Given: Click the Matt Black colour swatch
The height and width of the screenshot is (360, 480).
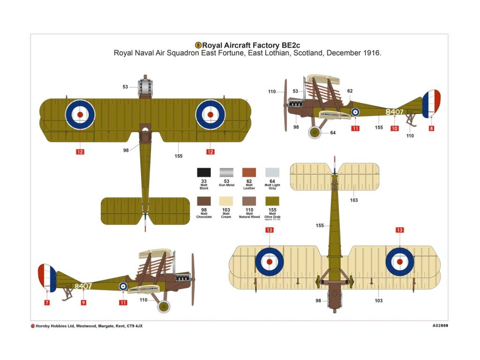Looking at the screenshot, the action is [x=203, y=172].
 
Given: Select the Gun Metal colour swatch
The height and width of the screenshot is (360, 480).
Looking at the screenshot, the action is [x=226, y=172].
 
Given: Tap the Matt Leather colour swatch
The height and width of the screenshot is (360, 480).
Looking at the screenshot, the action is [x=249, y=172].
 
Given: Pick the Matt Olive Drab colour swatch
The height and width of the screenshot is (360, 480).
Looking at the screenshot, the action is [x=272, y=201].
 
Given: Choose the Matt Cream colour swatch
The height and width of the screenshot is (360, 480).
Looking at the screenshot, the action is [x=226, y=201].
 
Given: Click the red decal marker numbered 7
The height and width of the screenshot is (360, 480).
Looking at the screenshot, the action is [x=47, y=302].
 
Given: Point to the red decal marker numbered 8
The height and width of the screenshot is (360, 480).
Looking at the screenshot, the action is [x=431, y=128].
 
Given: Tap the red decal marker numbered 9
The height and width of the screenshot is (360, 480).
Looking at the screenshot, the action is [x=83, y=302].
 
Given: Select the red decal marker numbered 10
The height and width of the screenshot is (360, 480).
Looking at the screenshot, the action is [x=395, y=128].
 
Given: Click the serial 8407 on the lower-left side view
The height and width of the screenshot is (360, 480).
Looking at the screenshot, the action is [x=83, y=286].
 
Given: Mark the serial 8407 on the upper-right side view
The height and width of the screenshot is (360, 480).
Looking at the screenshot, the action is [x=394, y=112].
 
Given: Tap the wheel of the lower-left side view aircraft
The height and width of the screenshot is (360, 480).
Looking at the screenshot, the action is [x=164, y=307].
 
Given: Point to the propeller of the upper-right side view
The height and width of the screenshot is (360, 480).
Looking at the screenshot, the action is [x=285, y=105].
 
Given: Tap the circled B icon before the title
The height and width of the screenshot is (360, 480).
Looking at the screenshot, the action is [x=198, y=45].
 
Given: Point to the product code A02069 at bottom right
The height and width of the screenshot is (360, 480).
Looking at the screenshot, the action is [x=439, y=325].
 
